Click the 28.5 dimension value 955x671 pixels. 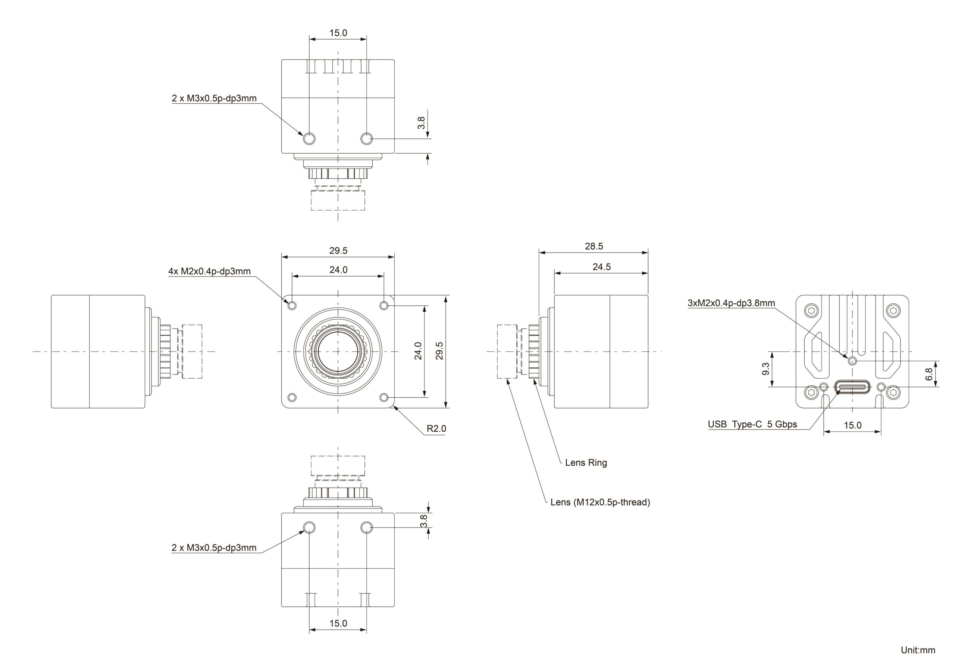pos(594,246)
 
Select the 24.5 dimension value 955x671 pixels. pos(601,267)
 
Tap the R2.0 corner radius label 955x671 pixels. pos(436,429)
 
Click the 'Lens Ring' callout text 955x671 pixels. pos(586,463)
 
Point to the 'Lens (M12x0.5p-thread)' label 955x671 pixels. pos(600,502)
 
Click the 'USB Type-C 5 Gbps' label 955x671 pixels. pos(752,425)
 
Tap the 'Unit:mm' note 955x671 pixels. pos(918,650)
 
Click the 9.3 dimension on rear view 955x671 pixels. pos(765,369)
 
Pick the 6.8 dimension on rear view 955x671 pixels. pos(929,374)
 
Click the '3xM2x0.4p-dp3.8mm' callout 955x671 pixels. pos(731,303)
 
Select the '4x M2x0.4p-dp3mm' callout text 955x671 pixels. pos(209,271)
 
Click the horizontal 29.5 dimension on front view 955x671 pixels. pos(338,251)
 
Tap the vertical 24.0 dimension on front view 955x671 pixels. pos(418,351)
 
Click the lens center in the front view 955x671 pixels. pos(338,352)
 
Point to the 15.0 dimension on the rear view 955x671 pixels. pos(852,425)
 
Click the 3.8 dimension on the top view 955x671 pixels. pos(421,123)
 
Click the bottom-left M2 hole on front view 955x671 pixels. pos(292,397)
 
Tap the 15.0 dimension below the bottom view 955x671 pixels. pos(338,624)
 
